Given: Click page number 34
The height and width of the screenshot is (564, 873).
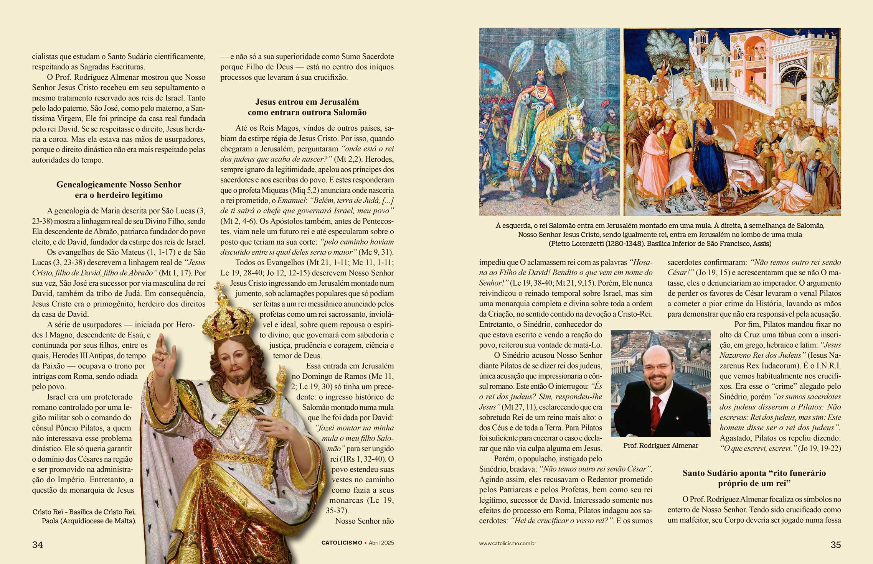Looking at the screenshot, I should click(38, 545).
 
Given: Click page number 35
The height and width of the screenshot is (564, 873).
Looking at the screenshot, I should click(835, 545).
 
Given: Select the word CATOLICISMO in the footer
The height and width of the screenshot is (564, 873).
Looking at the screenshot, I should click(342, 543).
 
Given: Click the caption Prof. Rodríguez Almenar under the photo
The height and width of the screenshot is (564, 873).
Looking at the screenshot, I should click(660, 446).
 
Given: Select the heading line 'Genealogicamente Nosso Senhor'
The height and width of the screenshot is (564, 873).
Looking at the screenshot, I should click(119, 184).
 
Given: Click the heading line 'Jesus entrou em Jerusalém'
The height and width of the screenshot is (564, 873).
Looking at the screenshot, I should click(307, 102).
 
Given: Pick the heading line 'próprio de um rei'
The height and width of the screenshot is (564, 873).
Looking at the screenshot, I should click(754, 483).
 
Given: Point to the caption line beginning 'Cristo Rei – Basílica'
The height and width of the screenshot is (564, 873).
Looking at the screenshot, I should click(84, 512).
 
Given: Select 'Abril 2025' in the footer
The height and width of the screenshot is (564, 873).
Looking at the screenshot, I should click(381, 543).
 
